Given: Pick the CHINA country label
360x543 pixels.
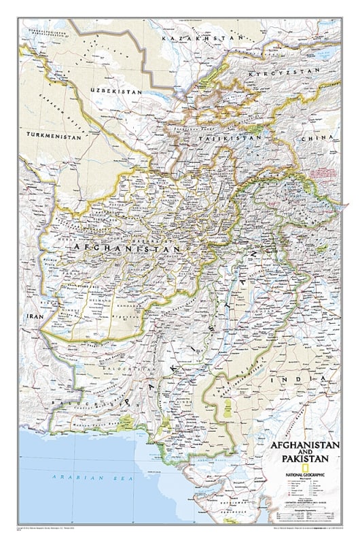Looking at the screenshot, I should [327, 139].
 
